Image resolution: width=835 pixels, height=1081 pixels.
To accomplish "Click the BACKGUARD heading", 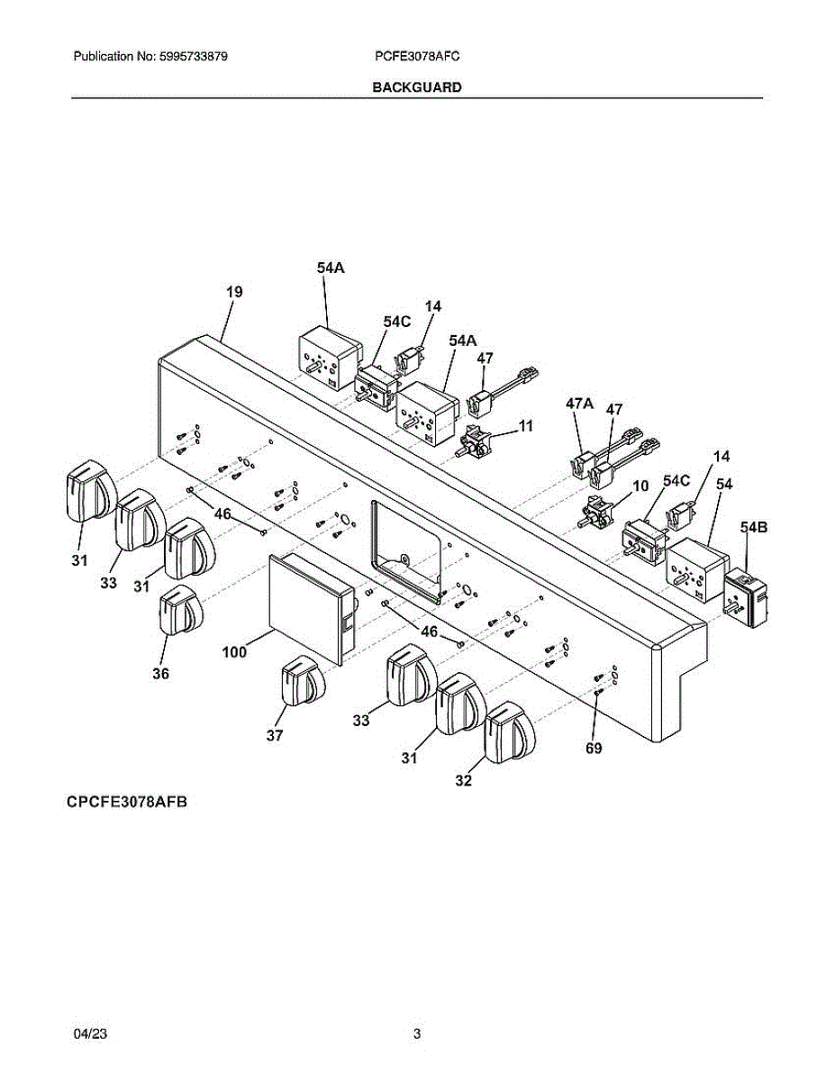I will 417,87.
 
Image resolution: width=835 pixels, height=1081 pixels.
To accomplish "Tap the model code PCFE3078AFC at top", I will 418,56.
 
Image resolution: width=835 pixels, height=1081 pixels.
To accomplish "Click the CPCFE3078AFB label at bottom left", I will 125,802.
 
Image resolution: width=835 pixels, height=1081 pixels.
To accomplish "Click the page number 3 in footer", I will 417,1034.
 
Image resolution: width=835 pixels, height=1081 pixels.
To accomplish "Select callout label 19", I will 234,292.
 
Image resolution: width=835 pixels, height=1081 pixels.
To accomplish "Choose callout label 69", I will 594,748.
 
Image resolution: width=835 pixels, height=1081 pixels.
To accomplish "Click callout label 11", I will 525,425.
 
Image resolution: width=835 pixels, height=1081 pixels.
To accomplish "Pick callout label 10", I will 640,486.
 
